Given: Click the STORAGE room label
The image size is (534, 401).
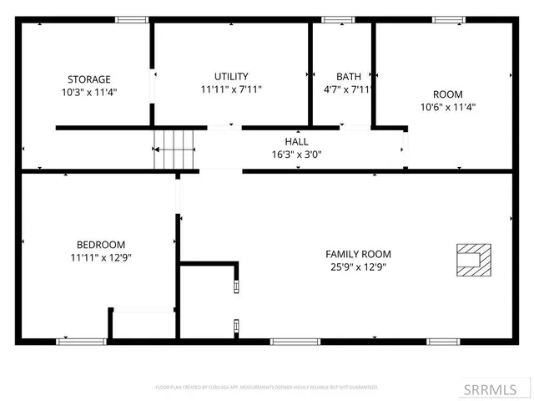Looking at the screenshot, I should pos(88,79).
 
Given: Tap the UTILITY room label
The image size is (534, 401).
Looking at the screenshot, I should pos(231,76).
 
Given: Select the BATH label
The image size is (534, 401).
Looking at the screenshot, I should pos(349,76).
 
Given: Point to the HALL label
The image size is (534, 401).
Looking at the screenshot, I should pos(296,142).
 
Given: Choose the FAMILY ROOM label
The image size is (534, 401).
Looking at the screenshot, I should pos(358,254).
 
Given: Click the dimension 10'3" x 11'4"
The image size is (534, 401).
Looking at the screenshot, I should pos(88,92).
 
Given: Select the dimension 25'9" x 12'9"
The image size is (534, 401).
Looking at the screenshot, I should pos(358,267).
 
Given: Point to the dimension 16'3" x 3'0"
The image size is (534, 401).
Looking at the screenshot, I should pos(296,154).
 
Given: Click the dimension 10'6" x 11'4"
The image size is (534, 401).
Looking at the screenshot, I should pos(447,107).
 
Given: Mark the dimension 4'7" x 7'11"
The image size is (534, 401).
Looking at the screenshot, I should pos(349,89).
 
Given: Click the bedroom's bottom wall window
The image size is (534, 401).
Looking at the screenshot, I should pos(81,341).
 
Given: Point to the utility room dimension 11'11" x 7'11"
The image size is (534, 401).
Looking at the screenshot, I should pos(231,89).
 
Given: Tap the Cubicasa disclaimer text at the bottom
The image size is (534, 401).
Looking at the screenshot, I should pos(267,388).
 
